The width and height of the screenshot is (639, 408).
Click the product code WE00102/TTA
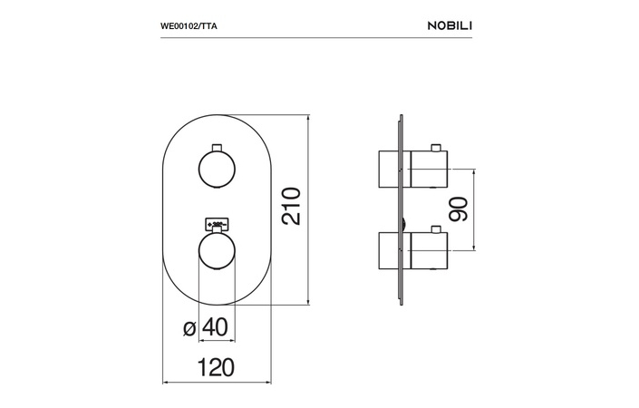[189, 26]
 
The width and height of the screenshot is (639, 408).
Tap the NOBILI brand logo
[450, 25]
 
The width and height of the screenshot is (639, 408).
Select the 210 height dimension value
[291, 206]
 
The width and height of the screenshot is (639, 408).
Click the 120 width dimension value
[216, 367]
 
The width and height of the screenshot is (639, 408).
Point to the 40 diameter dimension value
[215, 327]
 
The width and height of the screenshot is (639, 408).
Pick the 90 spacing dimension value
[459, 209]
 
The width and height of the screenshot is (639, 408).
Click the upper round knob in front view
[217, 170]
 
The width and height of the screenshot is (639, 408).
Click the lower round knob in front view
[217, 250]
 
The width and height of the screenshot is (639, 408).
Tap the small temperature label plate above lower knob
[217, 223]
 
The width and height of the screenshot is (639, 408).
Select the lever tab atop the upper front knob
[217, 148]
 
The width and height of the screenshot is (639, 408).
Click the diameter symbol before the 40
[189, 328]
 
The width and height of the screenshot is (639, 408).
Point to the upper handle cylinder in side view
[429, 170]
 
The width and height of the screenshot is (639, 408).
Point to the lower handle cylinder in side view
[429, 250]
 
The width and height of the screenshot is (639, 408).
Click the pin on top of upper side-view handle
[437, 148]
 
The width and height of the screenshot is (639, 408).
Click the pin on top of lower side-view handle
[437, 229]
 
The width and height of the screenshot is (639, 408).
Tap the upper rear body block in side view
[390, 170]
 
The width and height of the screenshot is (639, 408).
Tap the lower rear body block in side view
[390, 250]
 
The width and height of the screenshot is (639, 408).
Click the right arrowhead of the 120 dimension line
[267, 383]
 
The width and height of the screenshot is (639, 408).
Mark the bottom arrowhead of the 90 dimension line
[473, 247]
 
